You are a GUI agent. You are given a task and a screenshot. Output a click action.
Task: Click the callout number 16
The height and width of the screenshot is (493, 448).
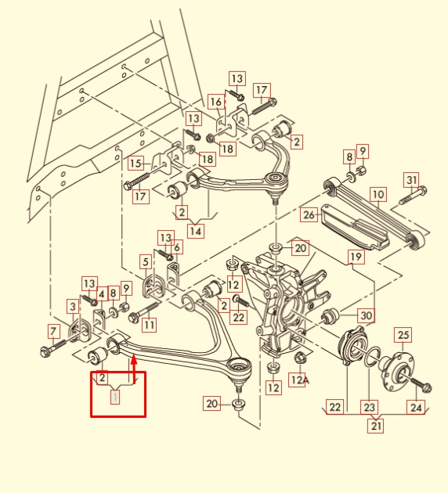215,102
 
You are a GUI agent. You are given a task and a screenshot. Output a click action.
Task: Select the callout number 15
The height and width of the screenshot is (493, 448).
136,164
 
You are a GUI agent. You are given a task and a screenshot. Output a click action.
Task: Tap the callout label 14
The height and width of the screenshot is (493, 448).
196,231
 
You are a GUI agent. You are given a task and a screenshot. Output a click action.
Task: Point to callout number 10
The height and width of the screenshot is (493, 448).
378,194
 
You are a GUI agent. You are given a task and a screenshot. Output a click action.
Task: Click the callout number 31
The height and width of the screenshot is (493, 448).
411,179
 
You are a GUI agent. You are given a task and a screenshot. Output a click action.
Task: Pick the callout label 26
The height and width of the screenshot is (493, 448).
309,214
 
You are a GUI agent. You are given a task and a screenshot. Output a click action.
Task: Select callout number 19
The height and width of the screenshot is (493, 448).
356,257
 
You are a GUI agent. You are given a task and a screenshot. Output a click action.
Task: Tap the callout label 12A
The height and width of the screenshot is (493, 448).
298,380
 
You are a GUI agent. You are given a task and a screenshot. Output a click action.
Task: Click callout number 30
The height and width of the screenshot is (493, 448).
366,315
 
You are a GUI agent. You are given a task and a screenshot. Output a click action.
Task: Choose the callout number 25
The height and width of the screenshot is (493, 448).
403,336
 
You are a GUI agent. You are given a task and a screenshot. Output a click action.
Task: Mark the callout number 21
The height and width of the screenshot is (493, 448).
377,426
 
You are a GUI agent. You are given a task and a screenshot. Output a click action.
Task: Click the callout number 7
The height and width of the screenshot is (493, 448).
53,331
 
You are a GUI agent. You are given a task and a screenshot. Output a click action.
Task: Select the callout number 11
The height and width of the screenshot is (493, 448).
149,324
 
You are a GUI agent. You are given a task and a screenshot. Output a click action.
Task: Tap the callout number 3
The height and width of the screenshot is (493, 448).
73,307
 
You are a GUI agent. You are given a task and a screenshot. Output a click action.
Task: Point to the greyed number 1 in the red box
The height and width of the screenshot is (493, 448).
115,398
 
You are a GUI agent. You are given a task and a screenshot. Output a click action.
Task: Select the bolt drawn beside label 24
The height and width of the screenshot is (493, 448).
419,385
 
